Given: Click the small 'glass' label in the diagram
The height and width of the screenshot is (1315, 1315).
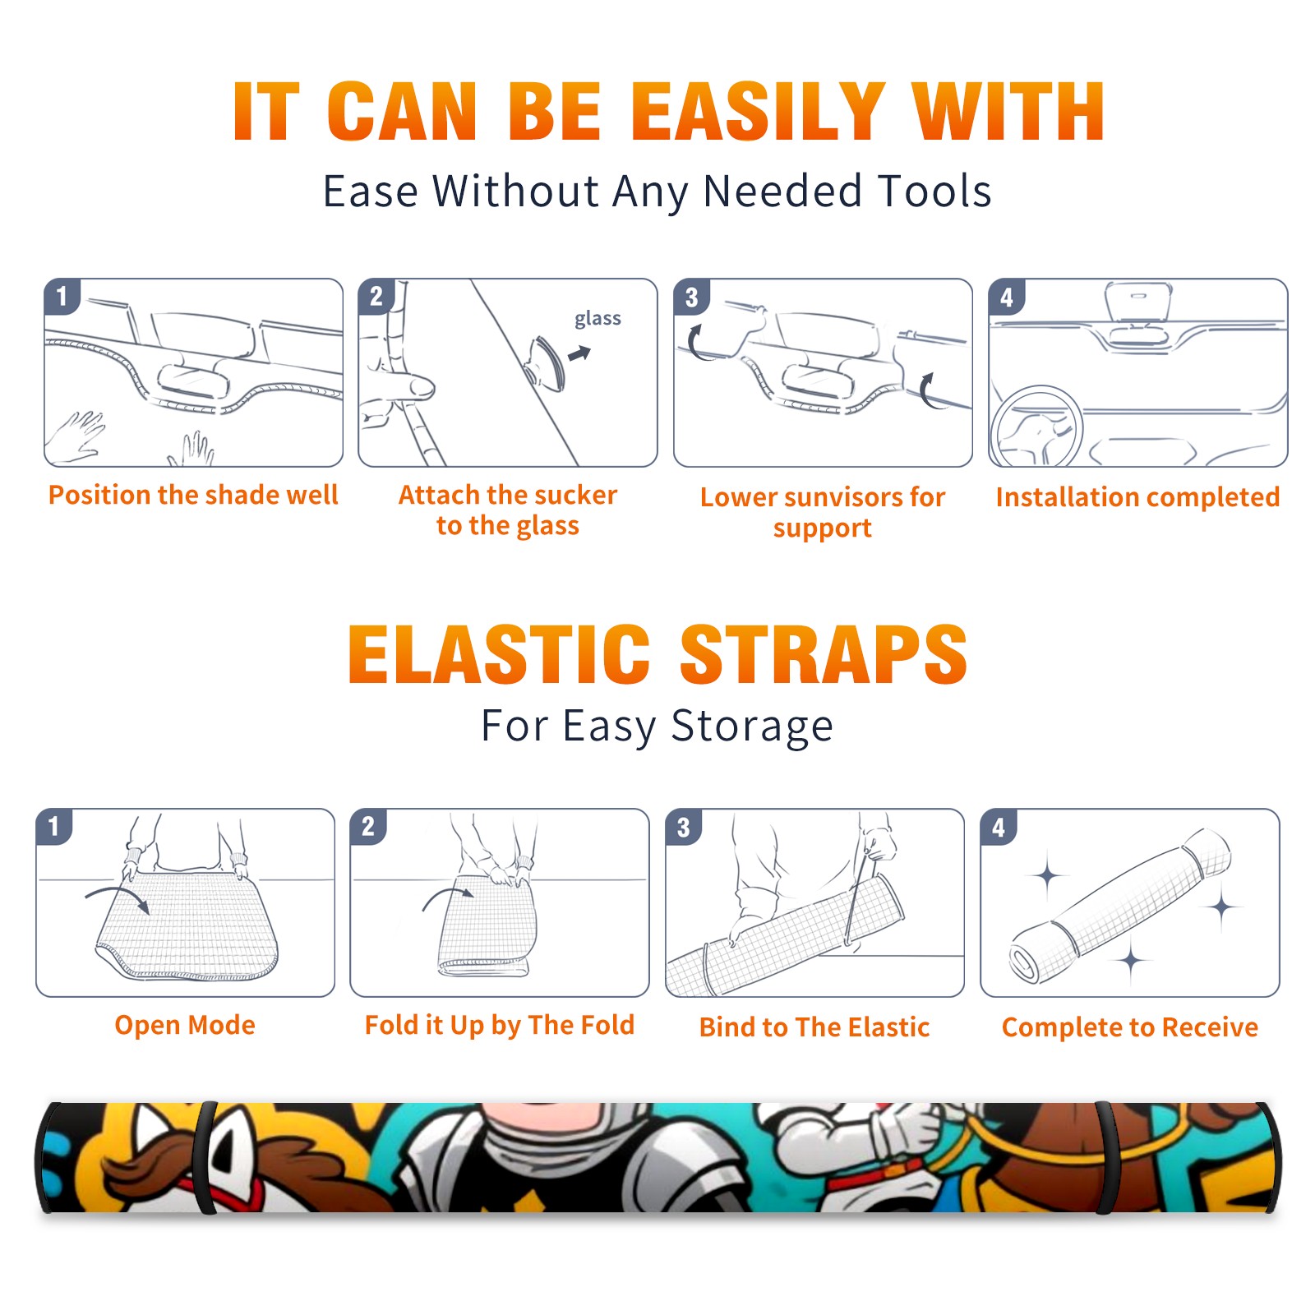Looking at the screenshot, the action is (598, 319).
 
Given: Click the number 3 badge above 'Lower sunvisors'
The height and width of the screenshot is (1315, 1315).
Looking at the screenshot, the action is (691, 298).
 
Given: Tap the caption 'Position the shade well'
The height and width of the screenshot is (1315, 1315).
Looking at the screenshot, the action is (193, 495).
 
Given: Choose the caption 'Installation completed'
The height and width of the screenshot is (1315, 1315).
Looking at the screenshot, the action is (1137, 496).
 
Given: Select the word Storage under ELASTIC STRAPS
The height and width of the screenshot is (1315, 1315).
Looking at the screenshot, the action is (752, 727).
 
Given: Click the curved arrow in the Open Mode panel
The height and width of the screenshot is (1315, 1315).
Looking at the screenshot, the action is (118, 894).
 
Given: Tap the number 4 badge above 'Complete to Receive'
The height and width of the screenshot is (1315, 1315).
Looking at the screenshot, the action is (999, 828).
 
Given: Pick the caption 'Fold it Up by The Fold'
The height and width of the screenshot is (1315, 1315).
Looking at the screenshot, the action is (500, 1025).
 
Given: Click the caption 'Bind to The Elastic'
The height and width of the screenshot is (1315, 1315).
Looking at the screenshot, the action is (814, 1027).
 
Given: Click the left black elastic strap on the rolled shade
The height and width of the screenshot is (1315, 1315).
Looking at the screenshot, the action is (206, 1157).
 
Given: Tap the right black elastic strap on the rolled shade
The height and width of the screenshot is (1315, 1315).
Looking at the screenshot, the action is (1107, 1157).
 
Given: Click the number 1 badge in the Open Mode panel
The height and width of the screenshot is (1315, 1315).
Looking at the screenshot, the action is (53, 827).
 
